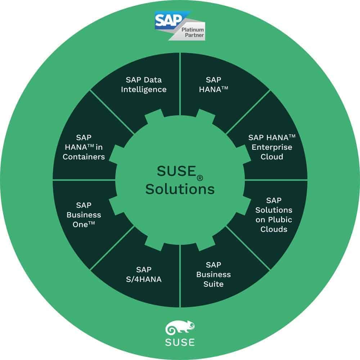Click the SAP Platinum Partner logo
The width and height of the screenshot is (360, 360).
180,26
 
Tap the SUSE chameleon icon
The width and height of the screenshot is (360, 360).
180,327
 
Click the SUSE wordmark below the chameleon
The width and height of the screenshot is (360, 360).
180,342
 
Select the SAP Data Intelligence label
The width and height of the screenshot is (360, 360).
144,85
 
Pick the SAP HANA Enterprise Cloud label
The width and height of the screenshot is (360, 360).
272,147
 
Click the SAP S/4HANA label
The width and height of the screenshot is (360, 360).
144,274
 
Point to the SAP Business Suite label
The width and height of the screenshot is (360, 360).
213,274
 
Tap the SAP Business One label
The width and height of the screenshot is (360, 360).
84,215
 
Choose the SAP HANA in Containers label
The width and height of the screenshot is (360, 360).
84,147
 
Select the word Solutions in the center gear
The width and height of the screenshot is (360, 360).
180,189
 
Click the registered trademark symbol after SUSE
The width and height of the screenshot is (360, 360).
200,178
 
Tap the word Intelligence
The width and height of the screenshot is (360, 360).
144,90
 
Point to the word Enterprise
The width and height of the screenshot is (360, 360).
272,147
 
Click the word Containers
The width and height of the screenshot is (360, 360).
84,157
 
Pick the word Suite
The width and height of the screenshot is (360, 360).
213,284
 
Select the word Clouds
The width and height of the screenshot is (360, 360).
274,229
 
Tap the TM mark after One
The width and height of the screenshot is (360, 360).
91,223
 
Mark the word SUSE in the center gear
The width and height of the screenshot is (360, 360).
176,171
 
